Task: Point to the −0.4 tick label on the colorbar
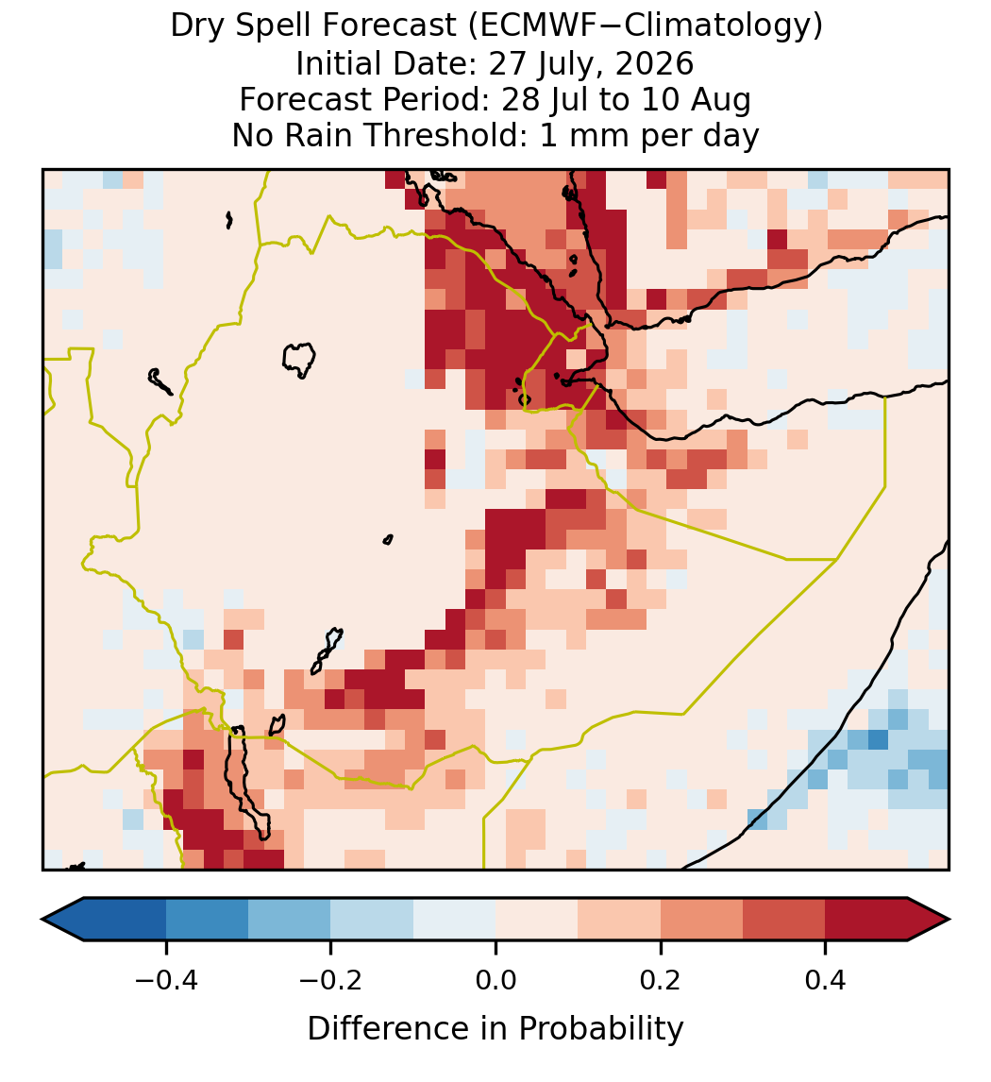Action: (x=166, y=979)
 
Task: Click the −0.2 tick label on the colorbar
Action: (x=330, y=979)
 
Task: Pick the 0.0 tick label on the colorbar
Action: (x=495, y=979)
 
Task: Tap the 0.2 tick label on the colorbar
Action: (x=661, y=979)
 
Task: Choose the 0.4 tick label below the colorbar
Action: (x=826, y=979)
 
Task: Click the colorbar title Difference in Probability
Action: (x=495, y=1028)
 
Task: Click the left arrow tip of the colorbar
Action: (x=42, y=920)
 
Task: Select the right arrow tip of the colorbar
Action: (x=949, y=920)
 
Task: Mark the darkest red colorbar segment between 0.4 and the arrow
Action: (x=866, y=920)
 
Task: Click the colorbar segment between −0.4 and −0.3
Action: (x=207, y=920)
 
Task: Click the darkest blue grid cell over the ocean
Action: (x=878, y=739)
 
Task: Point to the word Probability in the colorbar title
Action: (x=600, y=1028)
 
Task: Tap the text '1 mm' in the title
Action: (x=586, y=135)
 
